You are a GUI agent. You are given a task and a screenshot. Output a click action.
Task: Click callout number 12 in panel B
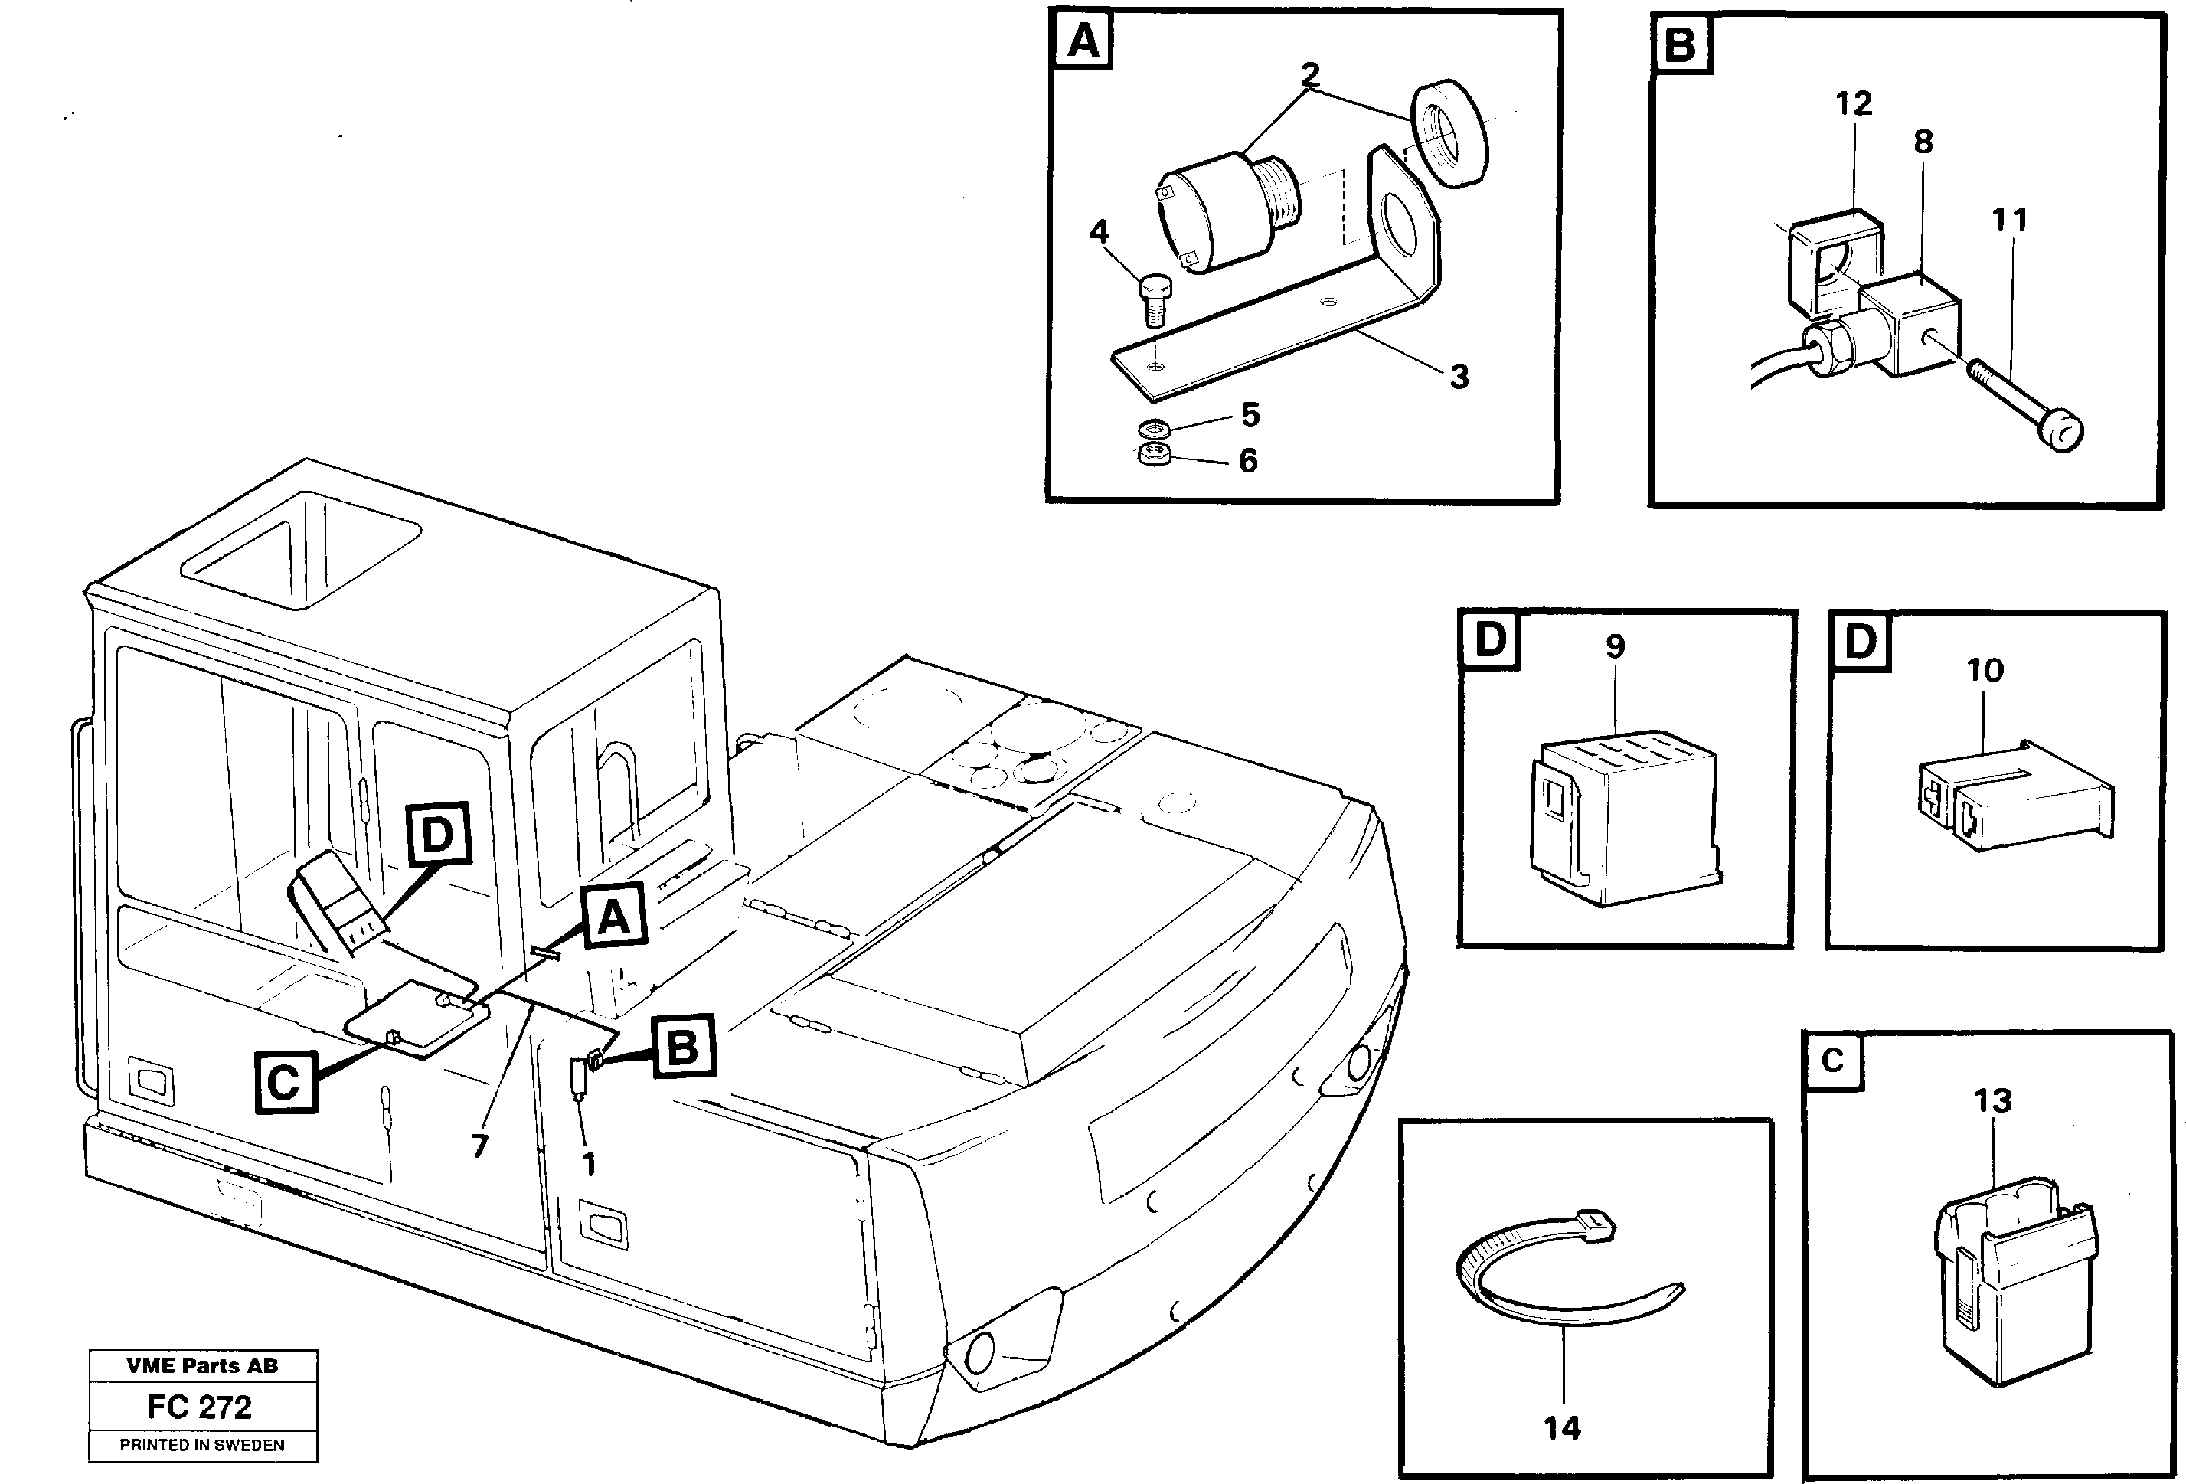click(x=1853, y=103)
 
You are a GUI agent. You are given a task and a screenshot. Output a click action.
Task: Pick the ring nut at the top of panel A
click(x=1449, y=132)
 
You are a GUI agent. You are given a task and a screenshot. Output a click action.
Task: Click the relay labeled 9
click(x=1622, y=818)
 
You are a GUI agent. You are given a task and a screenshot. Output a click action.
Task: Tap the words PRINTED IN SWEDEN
click(x=201, y=1444)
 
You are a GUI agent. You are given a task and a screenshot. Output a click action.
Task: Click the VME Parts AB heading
click(x=202, y=1365)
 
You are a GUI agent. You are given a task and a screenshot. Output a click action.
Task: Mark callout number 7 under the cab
click(x=480, y=1146)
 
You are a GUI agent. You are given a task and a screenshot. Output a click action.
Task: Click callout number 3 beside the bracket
click(x=1458, y=377)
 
